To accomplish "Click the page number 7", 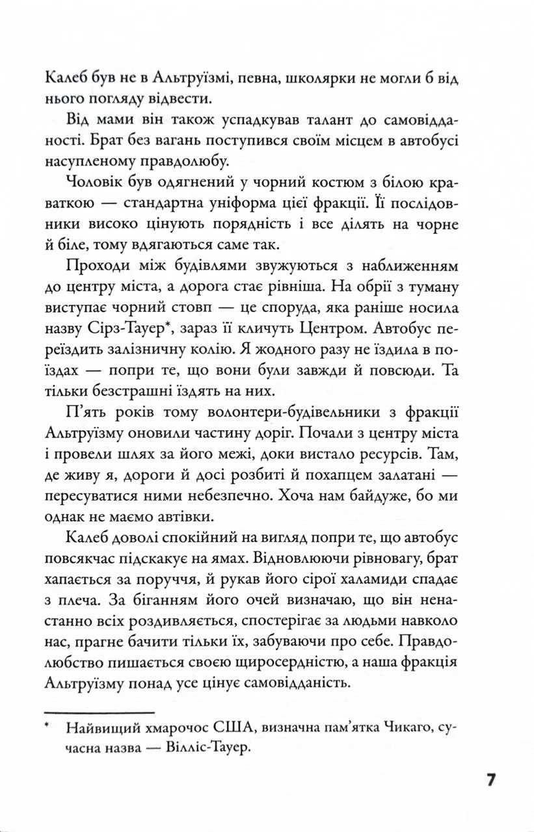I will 492,780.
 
